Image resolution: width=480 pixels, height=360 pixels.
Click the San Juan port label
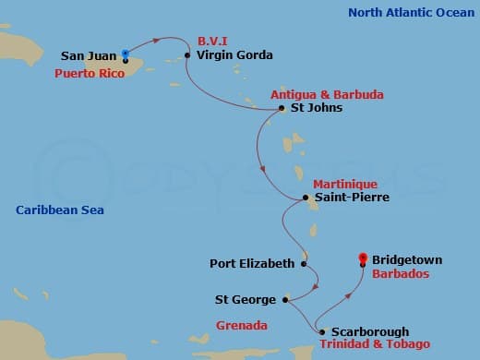(90, 55)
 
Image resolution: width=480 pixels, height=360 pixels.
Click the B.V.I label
(213, 42)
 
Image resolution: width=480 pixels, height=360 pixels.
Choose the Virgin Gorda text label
(234, 55)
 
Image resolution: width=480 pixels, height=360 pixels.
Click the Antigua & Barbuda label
(313, 94)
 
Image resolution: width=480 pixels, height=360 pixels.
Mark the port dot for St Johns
(282, 108)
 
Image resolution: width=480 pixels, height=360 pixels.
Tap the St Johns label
(316, 108)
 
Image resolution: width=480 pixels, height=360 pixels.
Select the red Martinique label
(344, 184)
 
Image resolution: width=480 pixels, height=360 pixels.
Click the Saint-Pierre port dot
(306, 198)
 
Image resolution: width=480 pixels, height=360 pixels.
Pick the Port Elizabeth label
(252, 263)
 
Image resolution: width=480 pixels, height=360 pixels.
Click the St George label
(246, 300)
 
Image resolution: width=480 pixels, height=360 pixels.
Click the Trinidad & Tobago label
(375, 344)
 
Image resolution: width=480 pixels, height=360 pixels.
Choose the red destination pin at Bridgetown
(363, 259)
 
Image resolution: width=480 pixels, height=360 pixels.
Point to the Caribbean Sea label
(60, 210)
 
